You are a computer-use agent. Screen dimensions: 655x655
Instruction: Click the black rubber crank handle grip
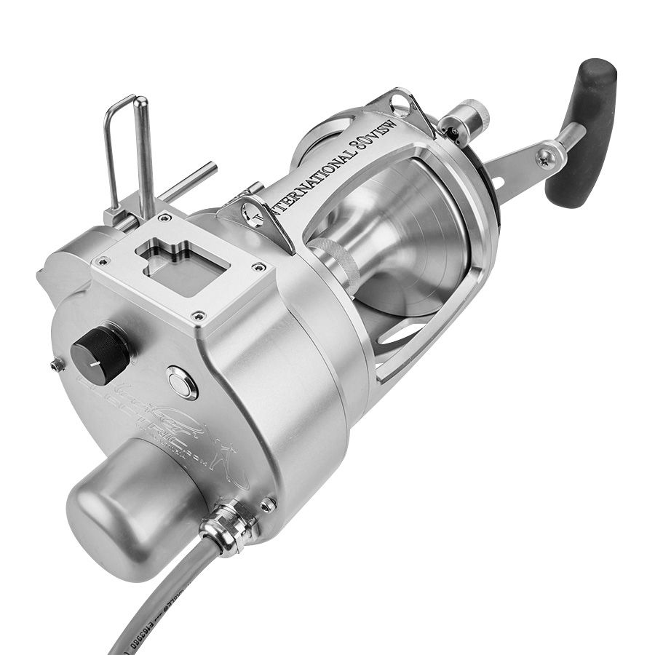coord(581,131)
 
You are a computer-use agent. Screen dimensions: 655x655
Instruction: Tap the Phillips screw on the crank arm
coord(544,154)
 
